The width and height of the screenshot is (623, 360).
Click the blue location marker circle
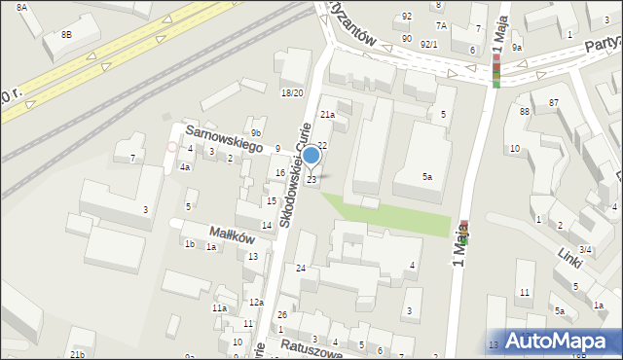(x=311, y=155)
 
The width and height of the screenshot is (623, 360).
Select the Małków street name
(x=233, y=234)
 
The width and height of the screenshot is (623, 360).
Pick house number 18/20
(x=292, y=93)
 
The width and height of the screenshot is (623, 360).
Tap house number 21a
(x=328, y=115)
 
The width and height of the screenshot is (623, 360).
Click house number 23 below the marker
(x=311, y=179)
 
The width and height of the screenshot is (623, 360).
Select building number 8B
(x=66, y=34)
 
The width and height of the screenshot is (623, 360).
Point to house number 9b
(x=256, y=132)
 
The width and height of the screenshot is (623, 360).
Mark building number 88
(x=524, y=112)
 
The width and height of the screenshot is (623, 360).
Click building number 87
(x=553, y=102)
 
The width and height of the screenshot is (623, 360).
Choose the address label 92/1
(x=428, y=45)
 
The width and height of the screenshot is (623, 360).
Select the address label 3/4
(x=585, y=250)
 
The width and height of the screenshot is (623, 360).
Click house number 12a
(x=255, y=304)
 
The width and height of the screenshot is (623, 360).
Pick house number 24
(x=301, y=268)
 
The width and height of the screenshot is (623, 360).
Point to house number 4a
(x=184, y=166)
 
